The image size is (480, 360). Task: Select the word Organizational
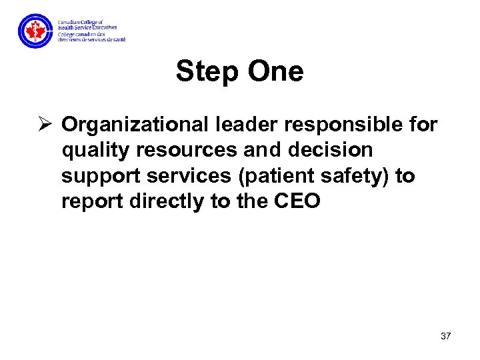(136, 125)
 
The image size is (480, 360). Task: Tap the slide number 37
(445, 336)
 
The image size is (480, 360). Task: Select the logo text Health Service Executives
(87, 27)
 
